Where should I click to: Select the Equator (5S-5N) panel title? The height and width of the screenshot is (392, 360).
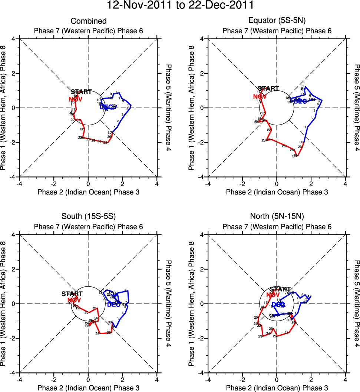point(277,21)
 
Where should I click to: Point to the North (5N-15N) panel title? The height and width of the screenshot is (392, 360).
point(277,217)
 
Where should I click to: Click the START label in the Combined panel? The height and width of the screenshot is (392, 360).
point(81,92)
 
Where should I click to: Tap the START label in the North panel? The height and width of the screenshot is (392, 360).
point(280,289)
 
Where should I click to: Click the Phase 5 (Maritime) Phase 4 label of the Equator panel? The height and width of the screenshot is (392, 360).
point(357,108)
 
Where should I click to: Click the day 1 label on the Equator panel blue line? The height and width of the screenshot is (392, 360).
point(305,137)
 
